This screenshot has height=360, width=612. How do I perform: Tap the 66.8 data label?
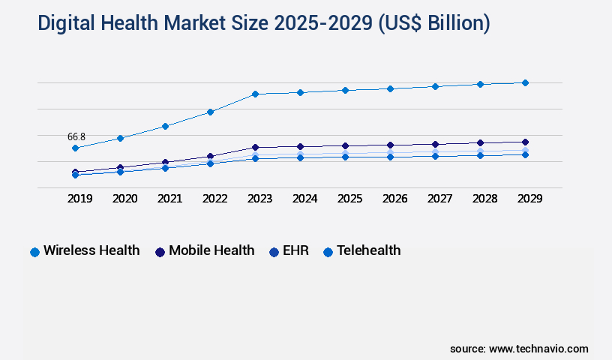coord(76,136)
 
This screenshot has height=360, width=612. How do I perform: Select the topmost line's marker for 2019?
coord(75,148)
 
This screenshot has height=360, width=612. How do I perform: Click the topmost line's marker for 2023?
coord(255,94)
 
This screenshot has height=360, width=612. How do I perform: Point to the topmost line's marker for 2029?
coord(525,82)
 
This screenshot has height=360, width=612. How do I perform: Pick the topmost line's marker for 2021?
coord(165,126)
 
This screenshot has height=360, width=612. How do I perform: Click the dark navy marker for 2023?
coord(255,147)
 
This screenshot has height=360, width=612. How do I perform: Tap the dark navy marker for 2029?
coord(525,142)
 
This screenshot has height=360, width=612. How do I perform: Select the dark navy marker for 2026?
coord(390,145)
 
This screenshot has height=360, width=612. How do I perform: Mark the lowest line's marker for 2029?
coord(525,154)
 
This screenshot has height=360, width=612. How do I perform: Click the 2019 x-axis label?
coord(79,199)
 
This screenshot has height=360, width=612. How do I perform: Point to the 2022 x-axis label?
coord(214,199)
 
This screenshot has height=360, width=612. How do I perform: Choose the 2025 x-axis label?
coord(349,199)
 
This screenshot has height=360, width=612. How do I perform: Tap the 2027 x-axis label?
coord(439,199)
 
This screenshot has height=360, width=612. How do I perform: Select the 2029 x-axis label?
coord(529,199)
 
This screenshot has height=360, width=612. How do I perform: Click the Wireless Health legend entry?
coord(85,250)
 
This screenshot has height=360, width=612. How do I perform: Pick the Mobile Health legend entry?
coord(205,250)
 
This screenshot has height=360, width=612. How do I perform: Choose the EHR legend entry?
coord(288,250)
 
